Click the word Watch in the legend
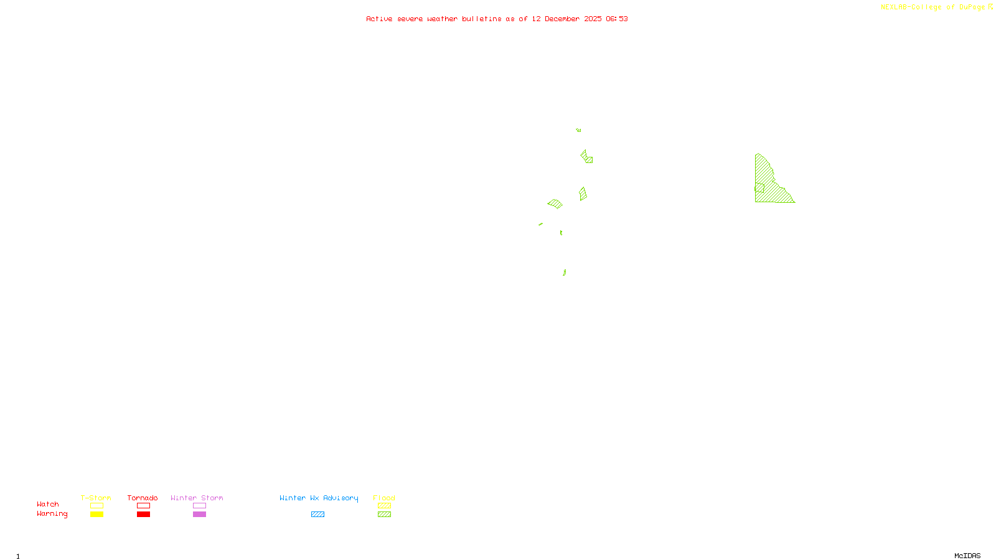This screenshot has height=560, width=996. pyautogui.click(x=48, y=505)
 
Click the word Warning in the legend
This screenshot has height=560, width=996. pyautogui.click(x=52, y=514)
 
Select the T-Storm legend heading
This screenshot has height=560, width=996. pyautogui.click(x=96, y=498)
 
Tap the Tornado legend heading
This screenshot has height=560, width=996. pyautogui.click(x=143, y=498)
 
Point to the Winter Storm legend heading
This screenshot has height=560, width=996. pyautogui.click(x=197, y=498)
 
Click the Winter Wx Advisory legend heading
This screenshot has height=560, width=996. pyautogui.click(x=319, y=498)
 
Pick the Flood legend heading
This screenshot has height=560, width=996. pyautogui.click(x=384, y=498)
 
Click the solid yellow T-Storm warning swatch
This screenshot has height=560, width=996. pyautogui.click(x=96, y=515)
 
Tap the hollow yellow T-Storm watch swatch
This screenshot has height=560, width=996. pyautogui.click(x=96, y=506)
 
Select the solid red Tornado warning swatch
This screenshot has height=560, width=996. pyautogui.click(x=144, y=515)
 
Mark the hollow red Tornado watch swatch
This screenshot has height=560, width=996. pyautogui.click(x=144, y=506)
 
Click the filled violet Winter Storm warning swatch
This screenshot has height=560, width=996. pyautogui.click(x=199, y=515)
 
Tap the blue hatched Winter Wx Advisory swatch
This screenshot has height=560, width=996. pyautogui.click(x=317, y=515)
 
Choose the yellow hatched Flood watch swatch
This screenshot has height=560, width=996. pyautogui.click(x=385, y=506)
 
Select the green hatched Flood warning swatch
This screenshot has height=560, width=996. pyautogui.click(x=385, y=515)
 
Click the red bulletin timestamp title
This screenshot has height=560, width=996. pyautogui.click(x=497, y=19)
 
